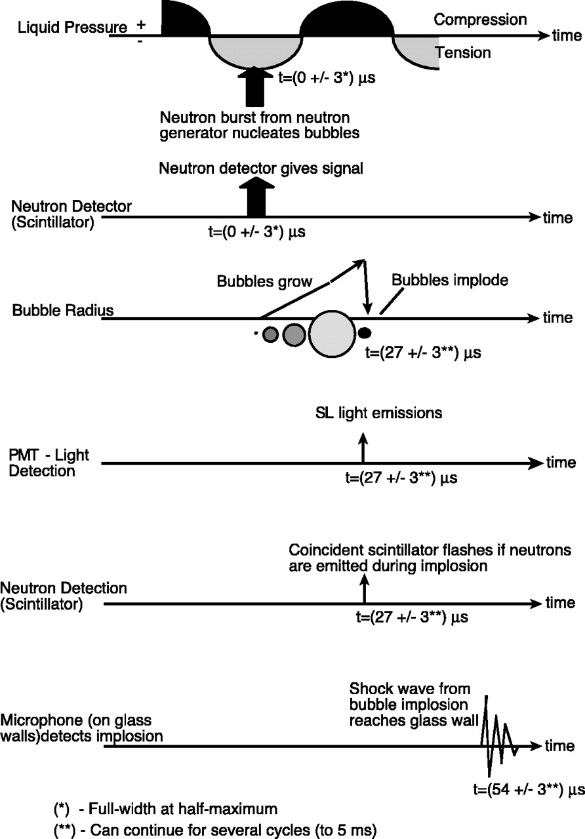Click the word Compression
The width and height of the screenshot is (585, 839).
point(480,20)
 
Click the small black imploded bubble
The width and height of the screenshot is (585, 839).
point(364,333)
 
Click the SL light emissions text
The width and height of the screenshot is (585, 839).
point(377,413)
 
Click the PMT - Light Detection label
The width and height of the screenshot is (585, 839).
point(49,463)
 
